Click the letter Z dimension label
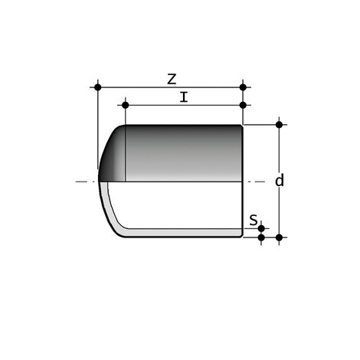[172, 78]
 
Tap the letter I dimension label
[183, 97]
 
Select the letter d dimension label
[280, 181]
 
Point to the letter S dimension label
[254, 221]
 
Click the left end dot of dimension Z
[97, 87]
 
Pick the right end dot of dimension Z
[243, 87]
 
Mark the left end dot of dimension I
[122, 105]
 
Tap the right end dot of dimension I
[243, 105]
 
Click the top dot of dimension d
[280, 124]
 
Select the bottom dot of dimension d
[280, 237]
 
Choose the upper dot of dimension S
[261, 227]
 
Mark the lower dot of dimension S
[261, 237]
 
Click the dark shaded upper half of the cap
[184, 153]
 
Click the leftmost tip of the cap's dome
[98, 181]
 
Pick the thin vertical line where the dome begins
[126, 153]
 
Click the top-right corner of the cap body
[243, 125]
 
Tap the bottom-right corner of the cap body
[243, 237]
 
